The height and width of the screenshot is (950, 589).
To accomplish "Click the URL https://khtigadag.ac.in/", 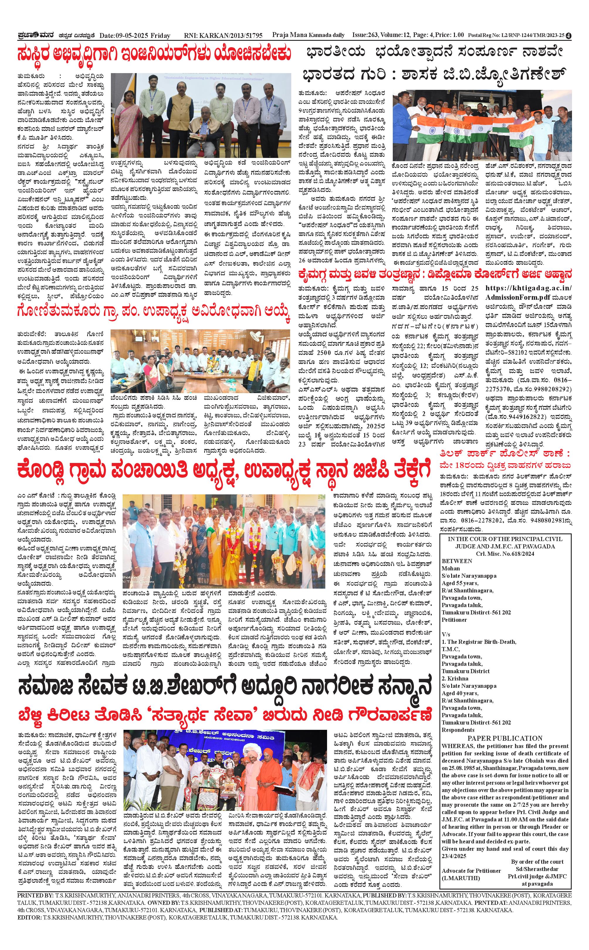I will coord(529,288).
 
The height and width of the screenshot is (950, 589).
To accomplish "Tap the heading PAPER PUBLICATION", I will coord(505,738).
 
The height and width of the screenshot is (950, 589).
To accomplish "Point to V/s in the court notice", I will coord(446,634).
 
